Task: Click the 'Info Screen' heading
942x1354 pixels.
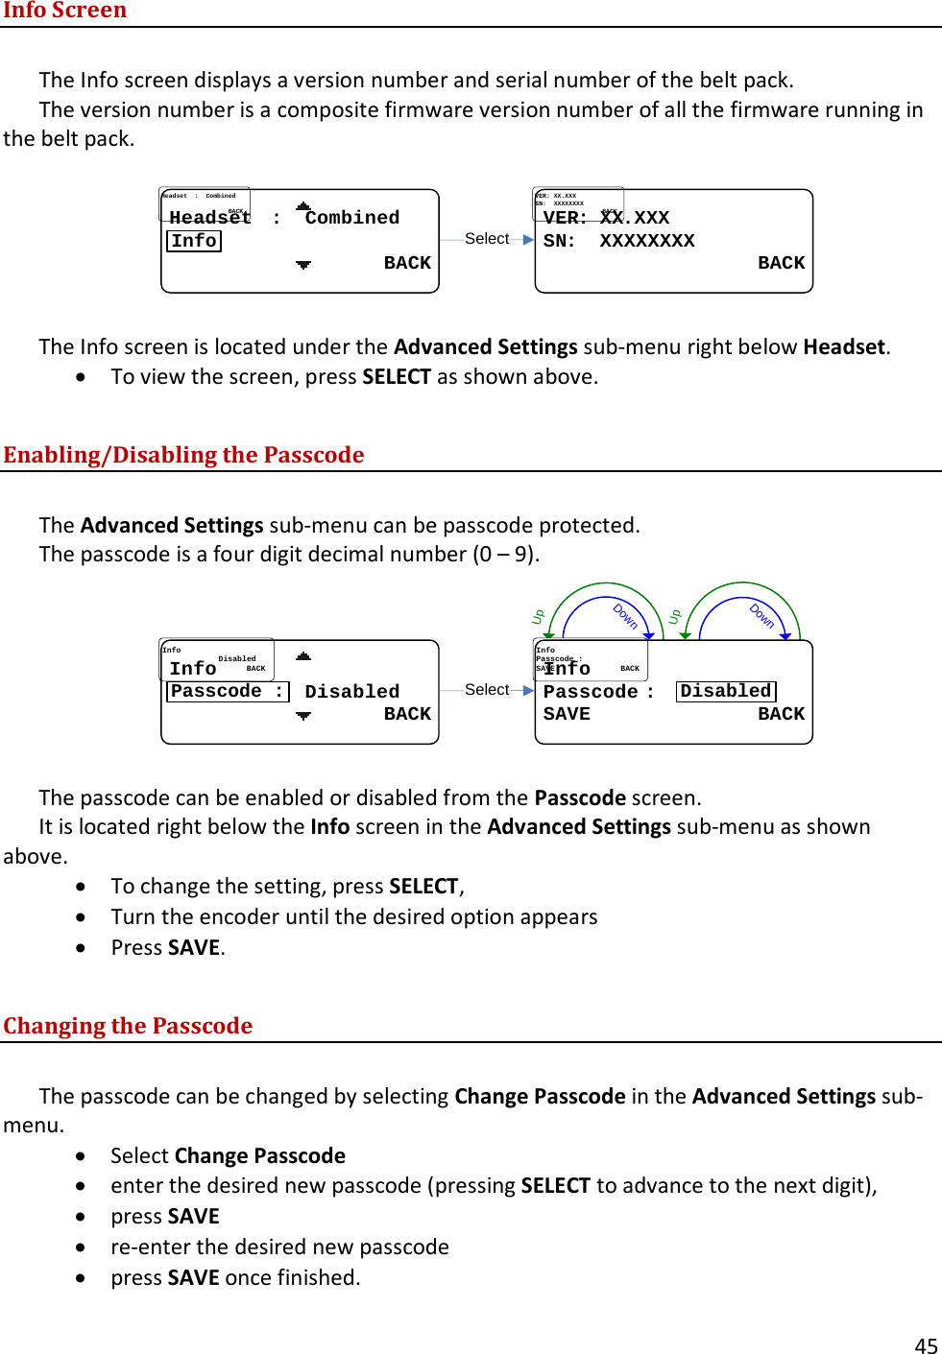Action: [x=64, y=11]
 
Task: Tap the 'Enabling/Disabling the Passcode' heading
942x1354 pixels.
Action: [x=183, y=454]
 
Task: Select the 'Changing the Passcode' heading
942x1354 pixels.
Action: [x=128, y=1025]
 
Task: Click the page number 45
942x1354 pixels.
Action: [x=926, y=1345]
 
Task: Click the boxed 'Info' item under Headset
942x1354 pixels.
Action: [x=194, y=241]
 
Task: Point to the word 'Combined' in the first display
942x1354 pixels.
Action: [x=351, y=218]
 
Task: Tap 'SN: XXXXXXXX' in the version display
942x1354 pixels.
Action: [x=618, y=241]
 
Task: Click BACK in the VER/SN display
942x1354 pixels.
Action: [x=781, y=263]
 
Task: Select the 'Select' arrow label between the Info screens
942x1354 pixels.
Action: [x=487, y=238]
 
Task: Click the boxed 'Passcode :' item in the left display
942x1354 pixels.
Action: [x=228, y=691]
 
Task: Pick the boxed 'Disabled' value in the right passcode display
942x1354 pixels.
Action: [x=726, y=691]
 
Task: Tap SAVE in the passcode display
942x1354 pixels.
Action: [x=567, y=714]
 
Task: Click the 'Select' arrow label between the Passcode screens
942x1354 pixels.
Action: [x=487, y=689]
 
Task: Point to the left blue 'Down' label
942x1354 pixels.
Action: [x=625, y=615]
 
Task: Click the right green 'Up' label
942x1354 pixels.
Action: [x=675, y=616]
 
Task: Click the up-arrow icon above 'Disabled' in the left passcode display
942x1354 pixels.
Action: [x=303, y=656]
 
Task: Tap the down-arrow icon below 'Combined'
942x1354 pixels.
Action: [x=303, y=264]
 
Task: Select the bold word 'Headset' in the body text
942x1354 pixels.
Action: [x=844, y=346]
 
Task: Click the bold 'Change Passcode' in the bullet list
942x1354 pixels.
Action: [x=260, y=1155]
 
